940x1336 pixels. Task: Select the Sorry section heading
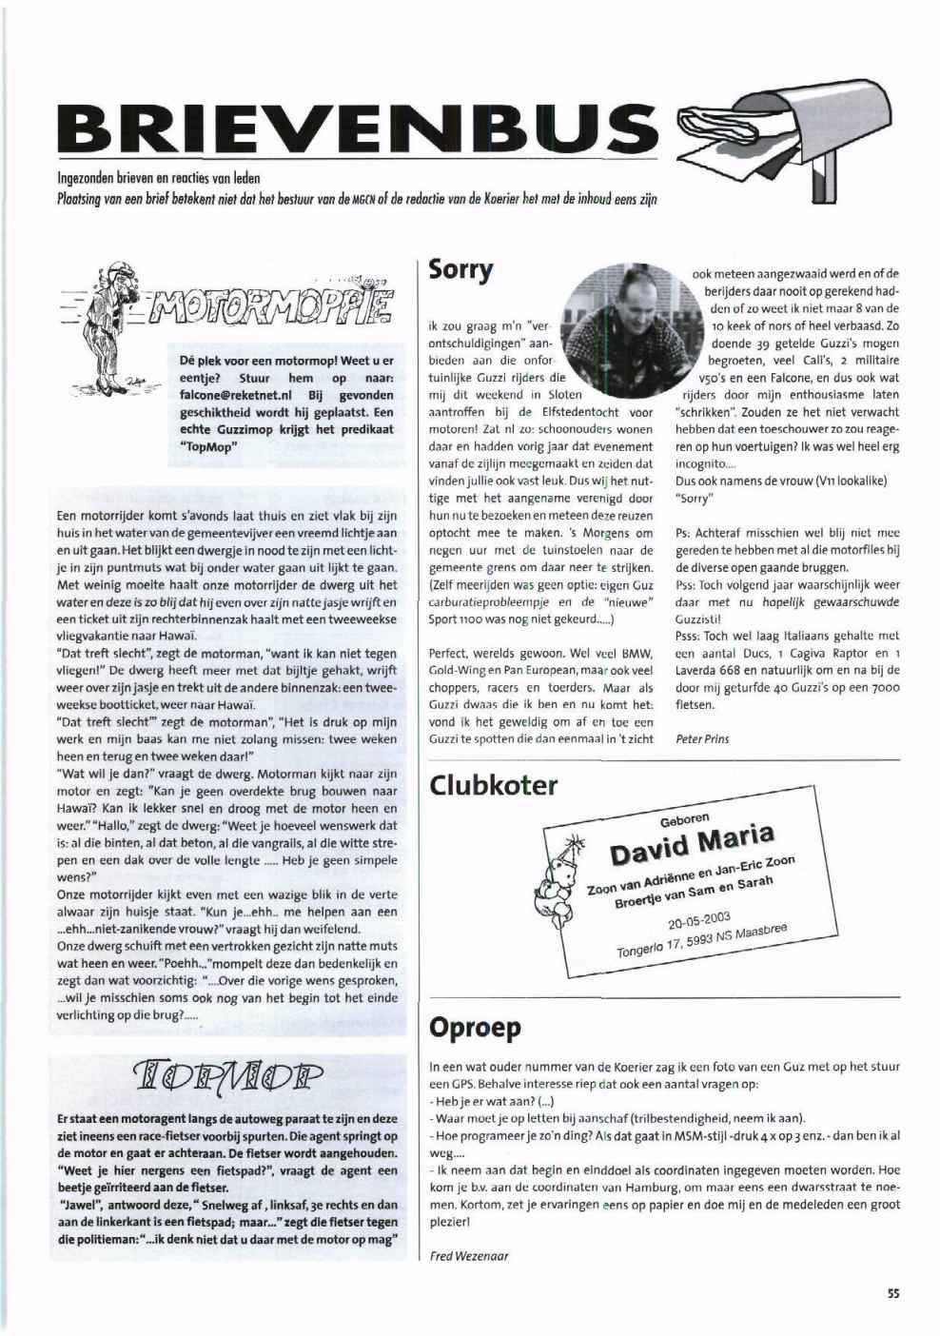tap(461, 269)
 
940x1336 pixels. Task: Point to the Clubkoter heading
tap(494, 785)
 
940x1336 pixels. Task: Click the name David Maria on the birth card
tap(692, 841)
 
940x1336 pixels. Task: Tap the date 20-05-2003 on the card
tap(698, 920)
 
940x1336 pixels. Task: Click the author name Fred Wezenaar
tap(469, 1256)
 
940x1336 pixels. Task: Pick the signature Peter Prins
tap(702, 738)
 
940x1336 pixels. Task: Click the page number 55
tap(893, 1293)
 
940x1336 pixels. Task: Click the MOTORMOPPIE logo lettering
tap(276, 307)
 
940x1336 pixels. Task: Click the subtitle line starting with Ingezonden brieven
tap(159, 178)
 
